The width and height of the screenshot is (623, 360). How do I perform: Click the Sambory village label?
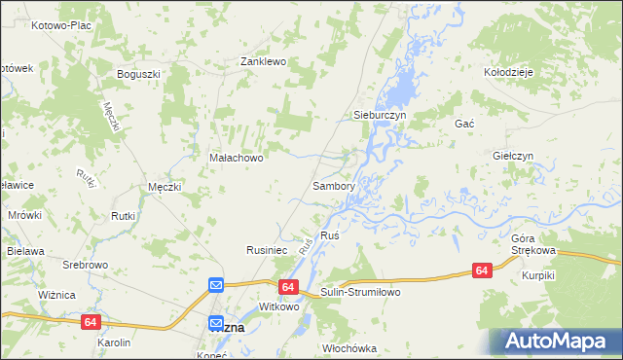point(333,185)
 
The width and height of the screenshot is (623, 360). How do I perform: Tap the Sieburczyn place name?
point(378,115)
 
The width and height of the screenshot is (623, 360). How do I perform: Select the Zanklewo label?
point(263,61)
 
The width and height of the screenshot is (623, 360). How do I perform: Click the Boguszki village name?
point(137,73)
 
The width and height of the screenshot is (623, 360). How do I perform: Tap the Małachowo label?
point(237,156)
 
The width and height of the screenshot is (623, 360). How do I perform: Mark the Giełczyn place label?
point(512,156)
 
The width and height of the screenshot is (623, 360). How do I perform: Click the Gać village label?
point(463,125)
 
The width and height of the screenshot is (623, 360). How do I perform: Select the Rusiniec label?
point(266,250)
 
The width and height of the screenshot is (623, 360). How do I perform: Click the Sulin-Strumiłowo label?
point(360,292)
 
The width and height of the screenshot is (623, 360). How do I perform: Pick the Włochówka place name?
point(349,347)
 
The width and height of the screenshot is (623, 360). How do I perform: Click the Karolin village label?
point(114,343)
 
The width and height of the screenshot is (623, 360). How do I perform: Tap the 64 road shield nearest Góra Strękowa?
point(481,270)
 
